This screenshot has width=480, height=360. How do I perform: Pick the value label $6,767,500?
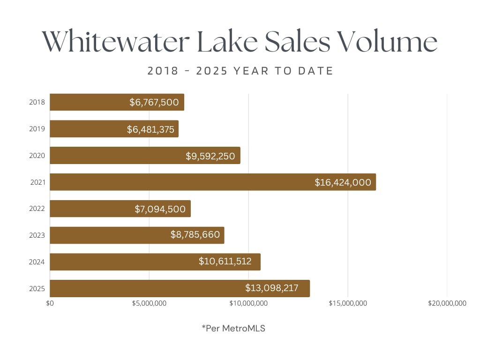coord(154,102)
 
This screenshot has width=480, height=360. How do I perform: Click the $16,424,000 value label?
coord(343,182)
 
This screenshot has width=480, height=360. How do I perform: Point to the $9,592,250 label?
coord(210,156)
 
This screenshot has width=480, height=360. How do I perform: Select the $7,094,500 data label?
coord(160,209)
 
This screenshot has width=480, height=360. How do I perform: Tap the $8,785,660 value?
coord(195,235)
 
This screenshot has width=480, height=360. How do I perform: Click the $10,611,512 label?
coord(225,262)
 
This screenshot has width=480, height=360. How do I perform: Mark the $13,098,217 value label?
coord(271,288)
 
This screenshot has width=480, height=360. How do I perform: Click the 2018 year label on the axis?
coord(37,102)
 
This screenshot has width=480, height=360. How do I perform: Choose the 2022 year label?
coord(37,209)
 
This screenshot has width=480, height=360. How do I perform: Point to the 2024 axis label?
coord(37,262)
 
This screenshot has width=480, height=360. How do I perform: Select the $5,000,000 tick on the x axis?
coord(150,303)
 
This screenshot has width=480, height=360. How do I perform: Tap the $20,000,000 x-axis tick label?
coord(447,303)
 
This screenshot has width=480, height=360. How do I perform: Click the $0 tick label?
coord(50,303)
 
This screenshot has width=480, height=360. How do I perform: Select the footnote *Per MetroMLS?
coord(233,328)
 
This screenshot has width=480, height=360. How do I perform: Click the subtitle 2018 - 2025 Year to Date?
coord(240,71)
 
